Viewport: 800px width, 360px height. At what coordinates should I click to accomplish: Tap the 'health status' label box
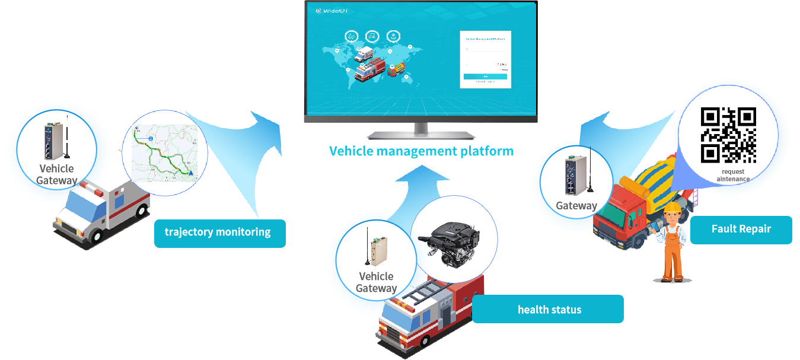coord(549,310)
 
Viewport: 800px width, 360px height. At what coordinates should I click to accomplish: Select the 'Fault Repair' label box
coord(741,229)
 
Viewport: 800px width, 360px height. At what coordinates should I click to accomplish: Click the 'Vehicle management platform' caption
coord(421,151)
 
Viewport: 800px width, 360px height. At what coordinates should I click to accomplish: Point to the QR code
coord(728,135)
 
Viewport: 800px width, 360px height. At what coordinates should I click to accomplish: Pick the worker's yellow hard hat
coord(672,208)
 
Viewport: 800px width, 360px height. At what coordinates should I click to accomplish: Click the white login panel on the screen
coord(485,59)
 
